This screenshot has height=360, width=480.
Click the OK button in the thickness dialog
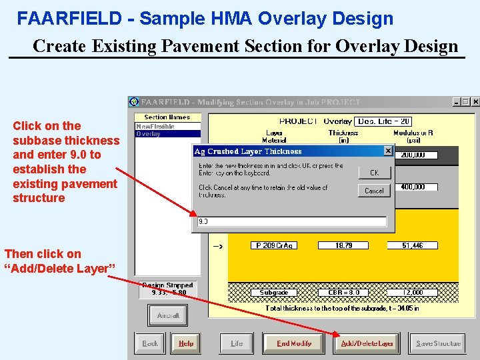(x=374, y=172)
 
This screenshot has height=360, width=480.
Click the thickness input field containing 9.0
(x=291, y=222)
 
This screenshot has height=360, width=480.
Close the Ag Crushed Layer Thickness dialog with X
(x=388, y=151)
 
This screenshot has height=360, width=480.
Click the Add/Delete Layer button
(x=367, y=343)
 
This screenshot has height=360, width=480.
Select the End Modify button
(x=294, y=343)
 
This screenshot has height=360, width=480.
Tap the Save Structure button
(x=437, y=343)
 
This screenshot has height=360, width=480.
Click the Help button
(x=186, y=343)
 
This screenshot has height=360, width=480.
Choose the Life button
(x=237, y=343)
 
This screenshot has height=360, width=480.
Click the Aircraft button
(x=167, y=315)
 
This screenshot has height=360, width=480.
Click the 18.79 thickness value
(x=343, y=245)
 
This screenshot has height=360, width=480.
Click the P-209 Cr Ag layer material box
(x=274, y=245)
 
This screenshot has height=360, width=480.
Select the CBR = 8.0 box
(x=343, y=293)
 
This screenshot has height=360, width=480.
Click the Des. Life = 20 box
(x=383, y=121)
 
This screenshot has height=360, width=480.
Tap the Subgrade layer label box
(x=274, y=293)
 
